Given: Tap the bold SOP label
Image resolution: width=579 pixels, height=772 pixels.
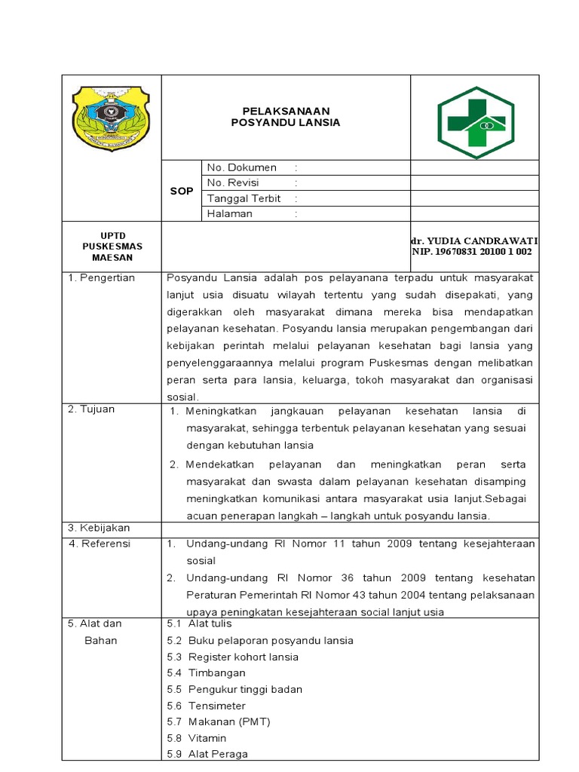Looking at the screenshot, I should click(x=181, y=191).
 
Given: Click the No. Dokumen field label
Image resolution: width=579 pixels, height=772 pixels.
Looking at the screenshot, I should click(x=242, y=167).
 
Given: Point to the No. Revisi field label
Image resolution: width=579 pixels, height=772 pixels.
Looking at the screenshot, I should click(x=237, y=182).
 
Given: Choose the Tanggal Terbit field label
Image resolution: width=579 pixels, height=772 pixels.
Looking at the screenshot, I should click(x=244, y=198).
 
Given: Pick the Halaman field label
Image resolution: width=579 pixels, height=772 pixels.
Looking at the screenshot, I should click(x=230, y=213).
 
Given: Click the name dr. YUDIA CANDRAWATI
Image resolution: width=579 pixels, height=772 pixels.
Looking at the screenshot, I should click(x=475, y=240).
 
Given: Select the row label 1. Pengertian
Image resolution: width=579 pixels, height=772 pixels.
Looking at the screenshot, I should click(x=102, y=277).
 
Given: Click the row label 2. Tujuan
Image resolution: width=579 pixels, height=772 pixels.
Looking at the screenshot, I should click(x=92, y=409).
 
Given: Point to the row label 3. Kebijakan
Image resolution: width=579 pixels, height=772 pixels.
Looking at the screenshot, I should click(x=100, y=528).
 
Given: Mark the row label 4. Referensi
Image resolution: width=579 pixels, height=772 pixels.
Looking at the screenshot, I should click(x=100, y=544).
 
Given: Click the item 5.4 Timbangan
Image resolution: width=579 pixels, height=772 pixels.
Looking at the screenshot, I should click(x=206, y=672).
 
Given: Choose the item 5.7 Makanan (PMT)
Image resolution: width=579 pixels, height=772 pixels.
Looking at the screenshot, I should click(x=218, y=721).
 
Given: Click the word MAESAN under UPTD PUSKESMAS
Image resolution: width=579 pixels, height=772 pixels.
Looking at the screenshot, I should click(x=112, y=257).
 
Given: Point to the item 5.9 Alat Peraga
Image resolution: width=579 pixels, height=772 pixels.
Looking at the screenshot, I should click(x=207, y=754).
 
